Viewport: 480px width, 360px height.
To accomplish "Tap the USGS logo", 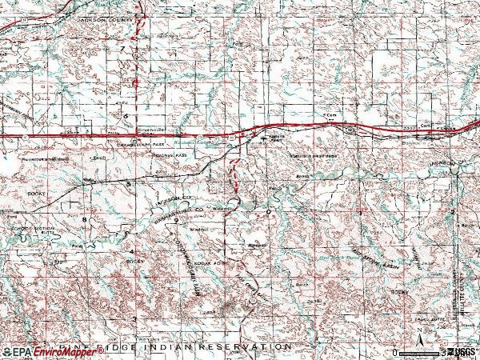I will (462, 352).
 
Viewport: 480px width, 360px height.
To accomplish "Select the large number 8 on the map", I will (84, 218).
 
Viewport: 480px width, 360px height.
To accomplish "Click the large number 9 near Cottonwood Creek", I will (174, 218).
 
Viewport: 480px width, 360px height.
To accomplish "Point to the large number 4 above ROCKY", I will (132, 252).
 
